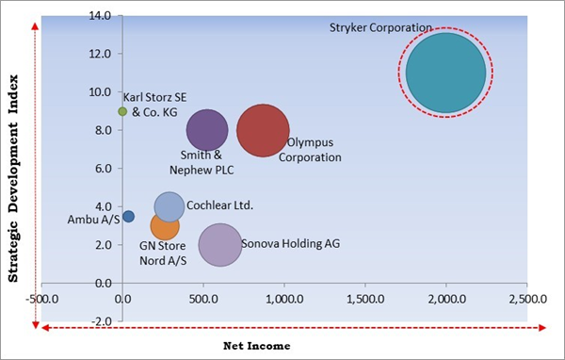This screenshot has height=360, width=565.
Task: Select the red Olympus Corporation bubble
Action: (263, 131)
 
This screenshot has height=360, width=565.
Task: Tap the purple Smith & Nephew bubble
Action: (207, 131)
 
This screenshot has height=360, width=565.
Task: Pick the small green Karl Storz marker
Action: (122, 111)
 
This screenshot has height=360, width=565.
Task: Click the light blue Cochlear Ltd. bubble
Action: (169, 206)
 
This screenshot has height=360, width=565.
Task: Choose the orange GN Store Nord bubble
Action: (165, 227)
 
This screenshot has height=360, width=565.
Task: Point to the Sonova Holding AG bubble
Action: (219, 244)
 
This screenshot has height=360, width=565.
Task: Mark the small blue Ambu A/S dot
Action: (128, 216)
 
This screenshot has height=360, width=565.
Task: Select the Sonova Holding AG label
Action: (291, 244)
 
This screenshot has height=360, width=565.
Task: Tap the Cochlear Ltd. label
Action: (220, 205)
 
